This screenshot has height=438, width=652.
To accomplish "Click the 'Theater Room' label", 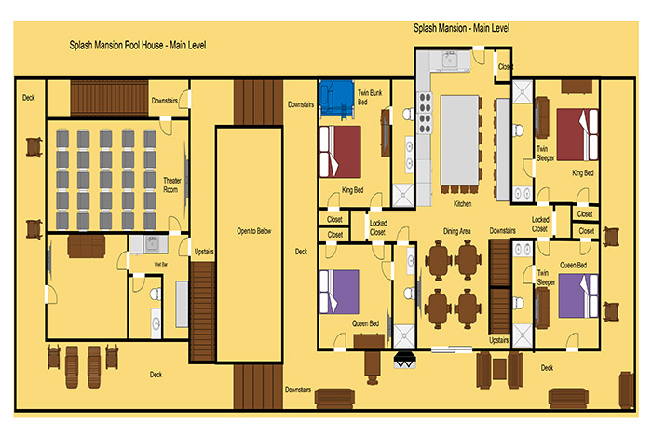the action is tap(171, 185).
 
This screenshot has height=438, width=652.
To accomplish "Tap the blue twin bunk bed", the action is tap(336, 100).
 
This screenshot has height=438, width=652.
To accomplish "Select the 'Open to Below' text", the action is tap(253, 231).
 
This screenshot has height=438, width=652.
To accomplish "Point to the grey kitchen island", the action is tap(459, 141).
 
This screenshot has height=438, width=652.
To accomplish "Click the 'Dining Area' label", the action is tap(456, 231).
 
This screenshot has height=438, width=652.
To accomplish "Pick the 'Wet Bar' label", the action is tap(160, 264).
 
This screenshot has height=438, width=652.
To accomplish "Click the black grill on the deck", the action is tap(404, 360).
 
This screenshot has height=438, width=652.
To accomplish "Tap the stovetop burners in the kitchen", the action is tap(425, 113).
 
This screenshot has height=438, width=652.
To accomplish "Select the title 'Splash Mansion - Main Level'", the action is tap(461, 28).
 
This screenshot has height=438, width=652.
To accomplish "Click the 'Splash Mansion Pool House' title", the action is tap(116, 45).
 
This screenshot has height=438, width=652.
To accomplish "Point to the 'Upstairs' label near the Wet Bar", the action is tap(204, 252).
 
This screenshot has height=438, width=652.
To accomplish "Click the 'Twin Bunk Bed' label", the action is tap(369, 97).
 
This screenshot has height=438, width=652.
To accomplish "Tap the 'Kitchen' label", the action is tap(462, 204).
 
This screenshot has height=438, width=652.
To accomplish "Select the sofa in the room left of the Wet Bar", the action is tap(87, 247).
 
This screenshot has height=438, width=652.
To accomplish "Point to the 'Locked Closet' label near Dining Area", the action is tap(378, 227).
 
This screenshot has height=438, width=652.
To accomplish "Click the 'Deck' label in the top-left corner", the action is tap(28, 98).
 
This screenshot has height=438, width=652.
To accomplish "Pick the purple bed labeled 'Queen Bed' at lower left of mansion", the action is tap(339, 292).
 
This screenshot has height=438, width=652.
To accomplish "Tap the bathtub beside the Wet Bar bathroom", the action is tap(182, 304).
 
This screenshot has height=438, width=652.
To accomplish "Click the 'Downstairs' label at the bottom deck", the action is tap(298, 390).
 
